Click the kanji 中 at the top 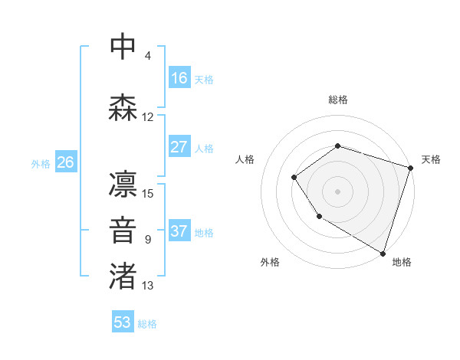123,47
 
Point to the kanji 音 123,231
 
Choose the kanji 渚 123,277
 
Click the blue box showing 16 179,77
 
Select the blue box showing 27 179,147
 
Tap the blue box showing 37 179,231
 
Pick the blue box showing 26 65,162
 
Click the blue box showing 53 123,322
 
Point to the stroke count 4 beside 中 148,56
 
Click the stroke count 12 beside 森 148,117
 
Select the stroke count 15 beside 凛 148,193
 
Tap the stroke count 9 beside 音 148,240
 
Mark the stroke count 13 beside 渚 148,286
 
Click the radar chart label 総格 338,100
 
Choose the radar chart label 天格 431,159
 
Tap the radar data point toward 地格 383,252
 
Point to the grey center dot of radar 338,191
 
